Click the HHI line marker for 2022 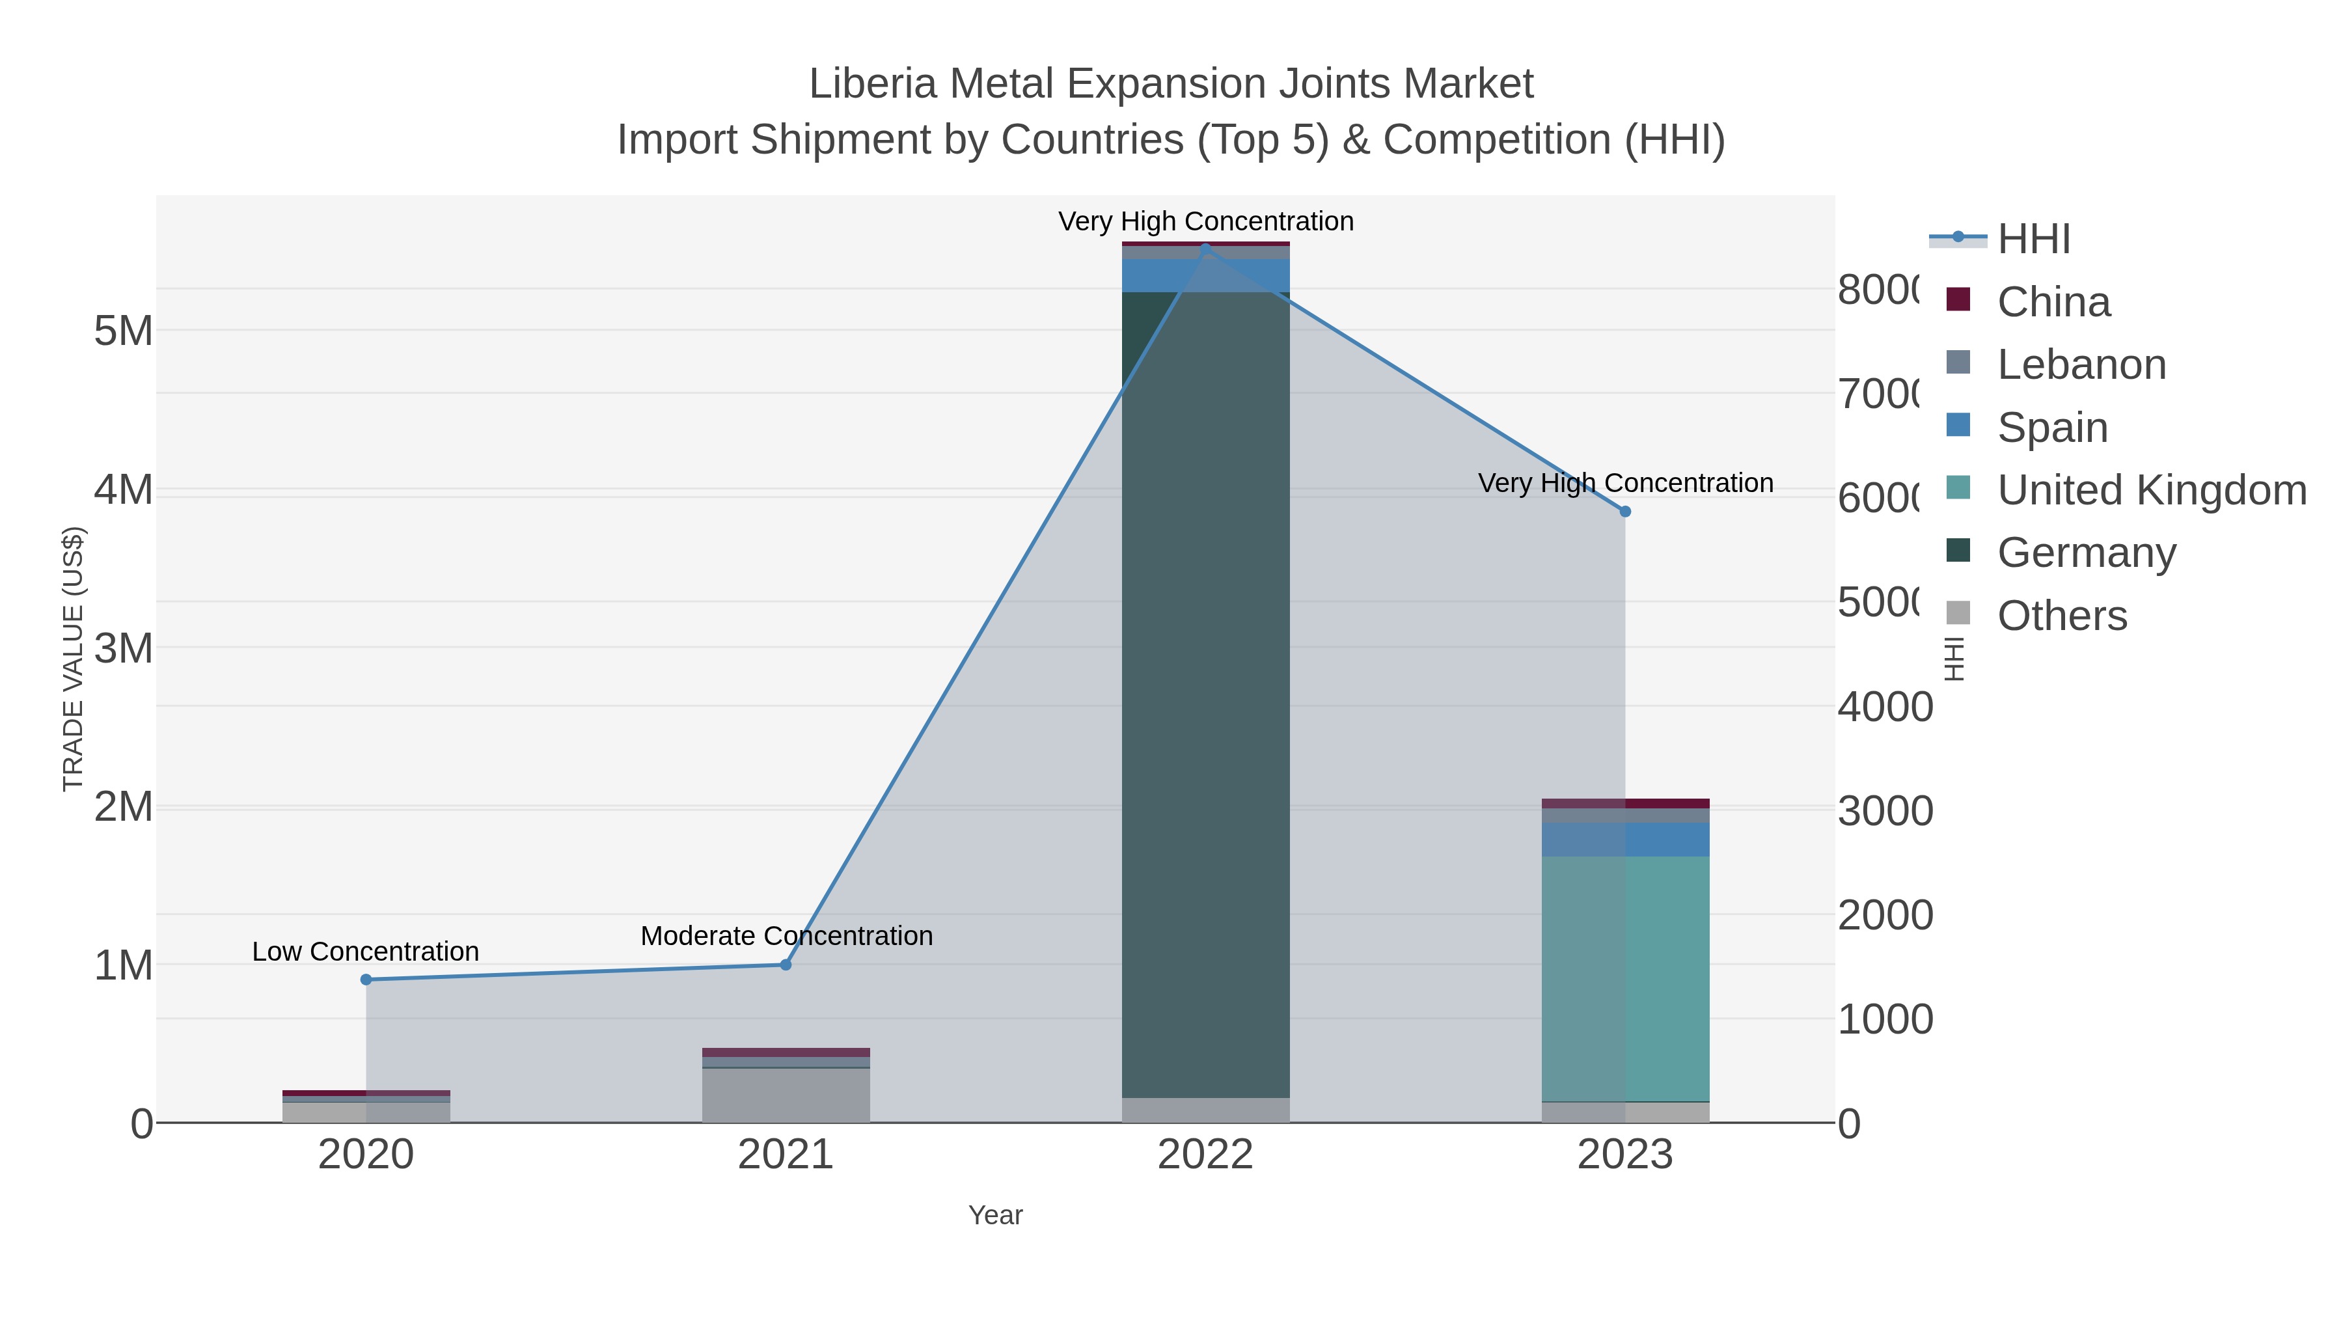click(1205, 249)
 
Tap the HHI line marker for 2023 click(1625, 511)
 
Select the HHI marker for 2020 click(366, 980)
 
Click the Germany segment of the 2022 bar click(1205, 691)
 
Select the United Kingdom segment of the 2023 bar click(1625, 978)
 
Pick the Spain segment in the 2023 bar click(1625, 839)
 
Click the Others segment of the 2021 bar click(786, 1095)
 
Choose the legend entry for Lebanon click(2081, 364)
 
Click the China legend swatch click(1958, 299)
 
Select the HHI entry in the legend click(2034, 240)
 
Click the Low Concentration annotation click(366, 952)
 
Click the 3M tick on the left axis click(124, 648)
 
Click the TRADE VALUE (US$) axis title click(73, 659)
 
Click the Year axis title click(995, 1215)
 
